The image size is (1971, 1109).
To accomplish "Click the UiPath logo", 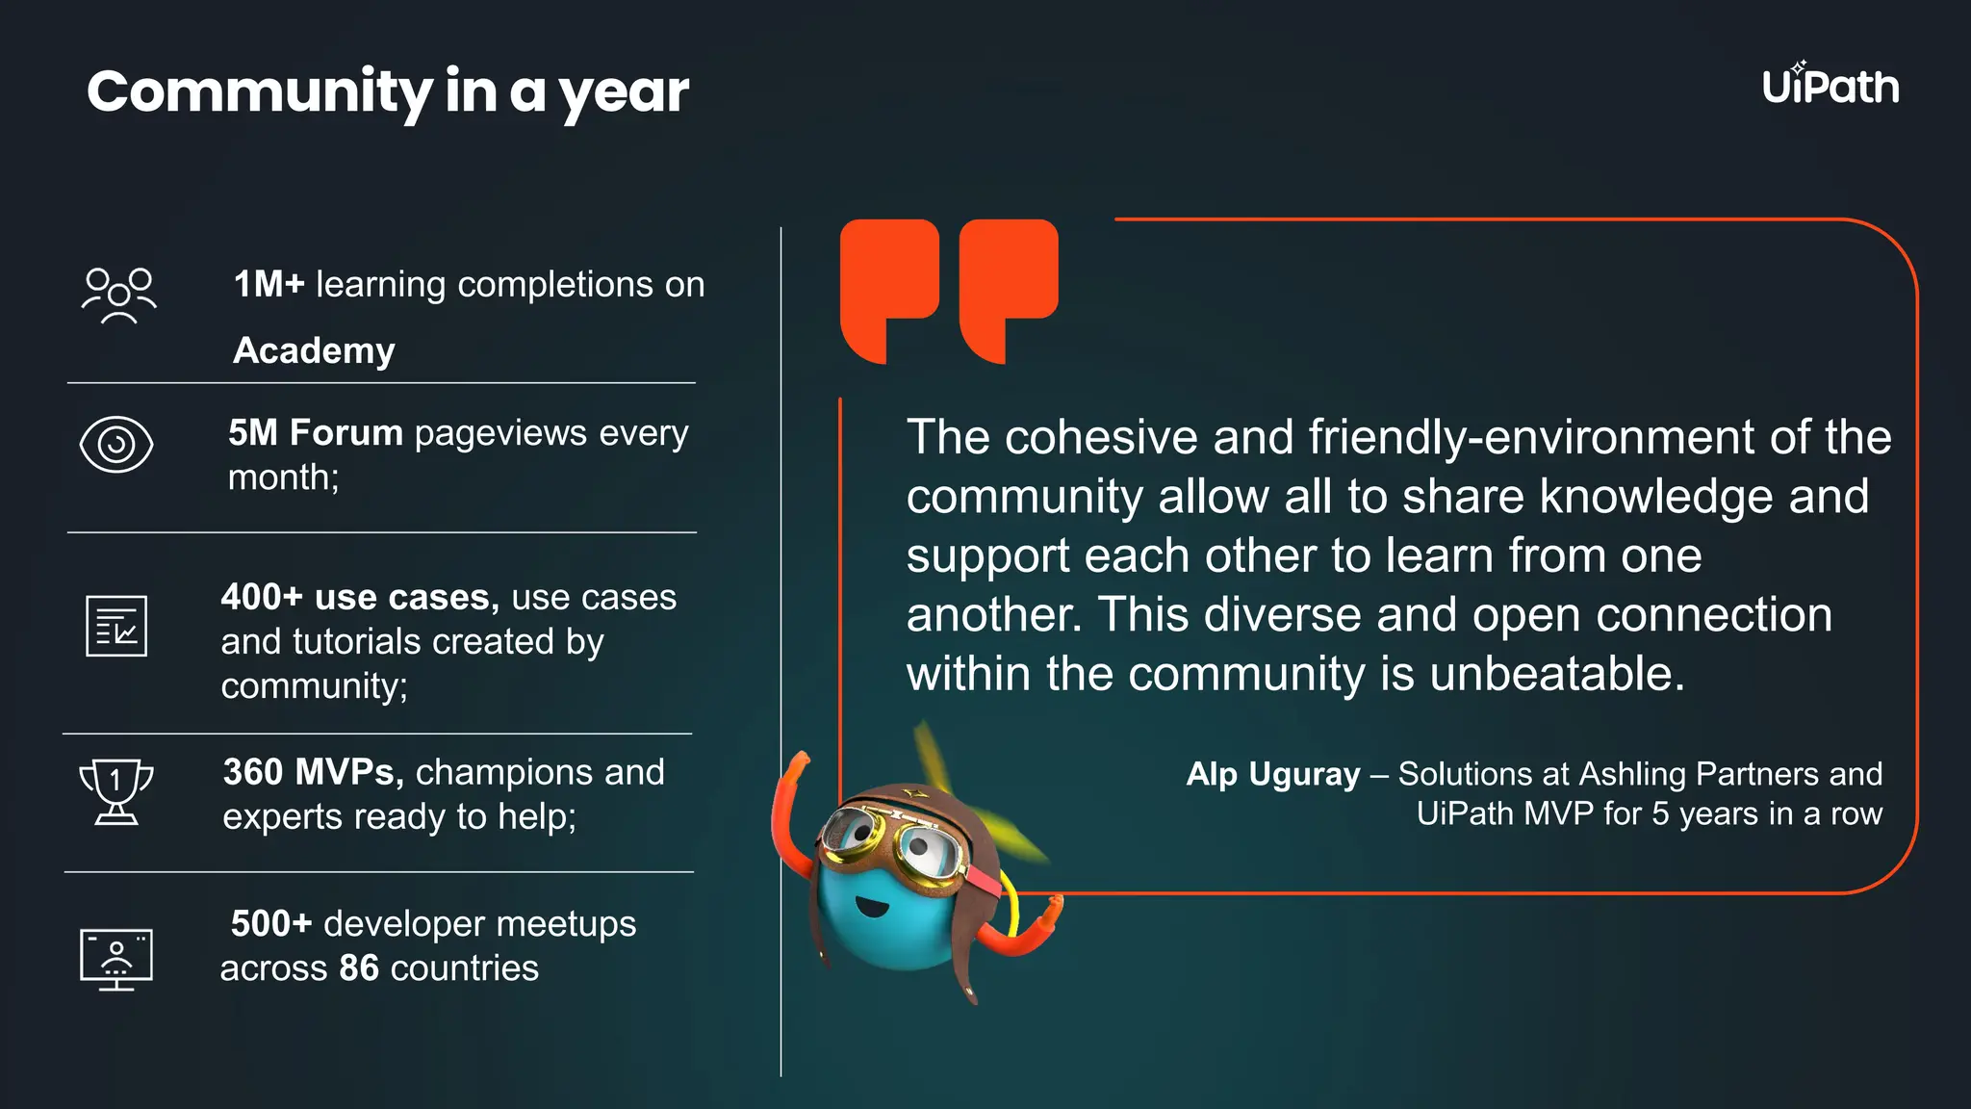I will [x=1830, y=86].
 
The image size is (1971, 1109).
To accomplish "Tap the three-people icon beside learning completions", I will [x=118, y=296].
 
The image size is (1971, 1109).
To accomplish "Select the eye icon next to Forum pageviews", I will [x=116, y=445].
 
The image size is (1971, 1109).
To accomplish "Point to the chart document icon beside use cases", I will [x=116, y=626].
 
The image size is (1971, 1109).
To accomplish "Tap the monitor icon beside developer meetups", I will [x=116, y=959].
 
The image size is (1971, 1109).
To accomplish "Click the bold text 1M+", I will [x=269, y=285].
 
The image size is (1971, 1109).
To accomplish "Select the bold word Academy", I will [x=314, y=351].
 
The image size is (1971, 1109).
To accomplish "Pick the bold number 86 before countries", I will [x=359, y=968].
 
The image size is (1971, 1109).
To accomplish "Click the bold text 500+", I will [x=271, y=924].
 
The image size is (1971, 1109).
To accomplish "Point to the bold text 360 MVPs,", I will [x=313, y=772].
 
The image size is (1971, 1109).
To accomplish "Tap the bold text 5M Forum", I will [x=315, y=433].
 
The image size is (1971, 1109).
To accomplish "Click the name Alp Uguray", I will [x=1272, y=774].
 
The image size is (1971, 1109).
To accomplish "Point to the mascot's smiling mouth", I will [x=871, y=907].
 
